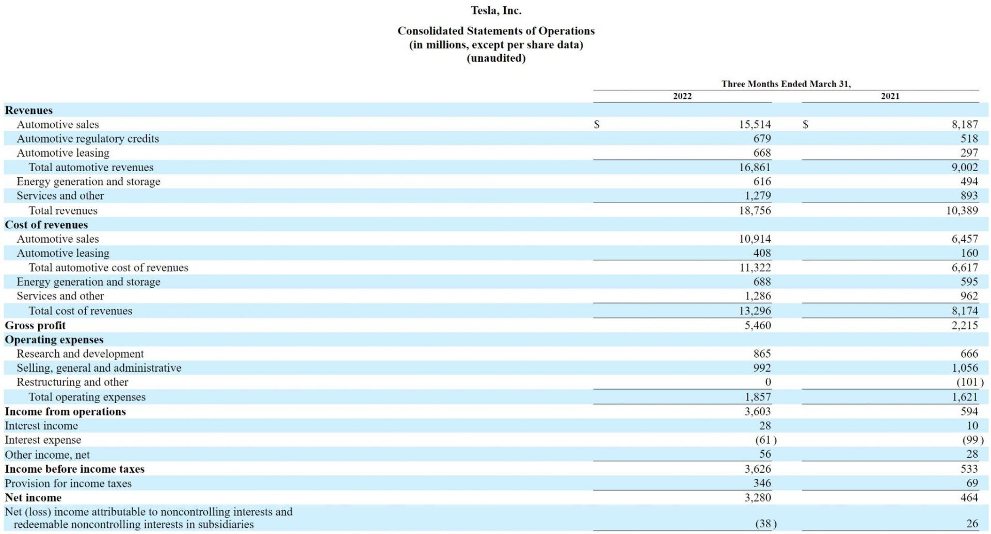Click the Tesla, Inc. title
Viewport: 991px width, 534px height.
coord(496,10)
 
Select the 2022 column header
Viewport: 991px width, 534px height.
coord(682,96)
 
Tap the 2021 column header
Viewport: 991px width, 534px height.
coord(890,96)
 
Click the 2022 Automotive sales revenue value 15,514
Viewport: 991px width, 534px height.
coord(755,125)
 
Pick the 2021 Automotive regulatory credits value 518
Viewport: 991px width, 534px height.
coord(969,139)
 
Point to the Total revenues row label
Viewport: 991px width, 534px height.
coord(63,210)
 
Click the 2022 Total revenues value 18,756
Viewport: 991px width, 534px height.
coord(755,210)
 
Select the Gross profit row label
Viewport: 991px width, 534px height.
coord(35,325)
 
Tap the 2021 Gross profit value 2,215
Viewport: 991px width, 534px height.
coord(964,325)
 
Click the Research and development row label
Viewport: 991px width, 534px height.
coord(80,354)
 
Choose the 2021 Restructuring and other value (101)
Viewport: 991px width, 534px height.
coord(969,382)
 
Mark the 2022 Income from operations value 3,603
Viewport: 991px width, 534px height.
coord(757,411)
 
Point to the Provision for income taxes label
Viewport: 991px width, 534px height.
coord(68,483)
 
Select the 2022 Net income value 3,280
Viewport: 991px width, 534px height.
coord(757,497)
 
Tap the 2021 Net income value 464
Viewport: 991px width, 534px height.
coord(969,497)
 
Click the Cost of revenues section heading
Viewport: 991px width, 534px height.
coord(46,225)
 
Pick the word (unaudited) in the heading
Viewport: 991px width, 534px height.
coord(496,58)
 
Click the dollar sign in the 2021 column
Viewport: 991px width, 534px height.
coord(805,125)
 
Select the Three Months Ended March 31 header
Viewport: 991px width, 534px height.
coord(786,84)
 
